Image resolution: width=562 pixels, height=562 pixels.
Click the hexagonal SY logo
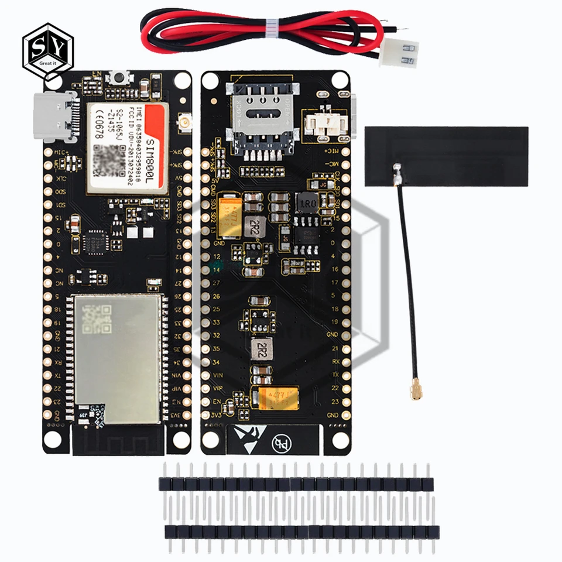tap(49, 50)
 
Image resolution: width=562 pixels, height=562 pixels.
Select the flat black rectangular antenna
tap(446, 156)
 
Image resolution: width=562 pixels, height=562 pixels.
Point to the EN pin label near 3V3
tap(217, 401)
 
